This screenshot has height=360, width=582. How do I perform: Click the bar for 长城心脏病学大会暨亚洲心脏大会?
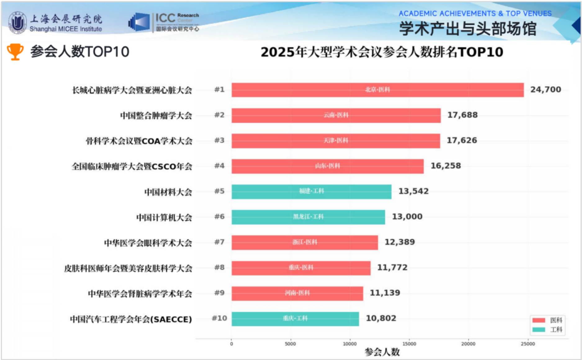point(377,90)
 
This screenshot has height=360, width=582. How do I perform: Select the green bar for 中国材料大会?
point(311,191)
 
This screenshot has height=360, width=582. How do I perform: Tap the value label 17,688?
point(462,115)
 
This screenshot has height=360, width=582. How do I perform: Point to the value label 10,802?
point(381,318)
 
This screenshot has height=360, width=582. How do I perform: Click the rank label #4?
point(219,166)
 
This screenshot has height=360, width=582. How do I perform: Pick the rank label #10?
point(219,318)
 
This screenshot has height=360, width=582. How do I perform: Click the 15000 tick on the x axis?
point(409,344)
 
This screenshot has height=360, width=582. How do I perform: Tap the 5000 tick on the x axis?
point(290,344)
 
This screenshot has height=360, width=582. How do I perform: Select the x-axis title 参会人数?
point(382,352)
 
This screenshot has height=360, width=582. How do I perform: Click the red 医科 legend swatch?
point(539,320)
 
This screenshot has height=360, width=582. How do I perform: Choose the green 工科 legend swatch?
point(539,330)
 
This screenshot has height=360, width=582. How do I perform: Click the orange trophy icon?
point(15,52)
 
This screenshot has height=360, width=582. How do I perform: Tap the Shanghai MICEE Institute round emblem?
point(17,23)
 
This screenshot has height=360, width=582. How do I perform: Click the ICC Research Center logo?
point(164,22)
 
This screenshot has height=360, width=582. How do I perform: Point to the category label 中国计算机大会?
point(164,217)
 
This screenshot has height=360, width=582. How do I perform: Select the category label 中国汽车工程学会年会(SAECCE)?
point(131,319)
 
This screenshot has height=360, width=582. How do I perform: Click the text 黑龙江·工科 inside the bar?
point(308,217)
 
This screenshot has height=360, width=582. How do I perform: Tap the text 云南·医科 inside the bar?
point(336,115)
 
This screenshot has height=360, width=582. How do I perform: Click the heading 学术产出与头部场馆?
point(467,29)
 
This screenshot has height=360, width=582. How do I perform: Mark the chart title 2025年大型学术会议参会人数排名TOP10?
point(381,52)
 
